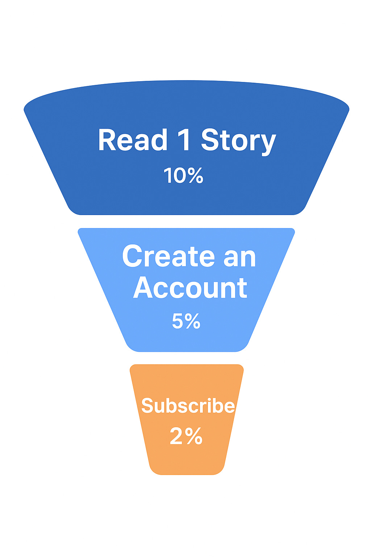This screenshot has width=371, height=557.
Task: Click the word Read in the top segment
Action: coord(133,140)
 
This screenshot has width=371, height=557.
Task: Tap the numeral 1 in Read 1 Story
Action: coord(185,140)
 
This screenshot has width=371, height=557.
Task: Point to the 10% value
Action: coord(183,176)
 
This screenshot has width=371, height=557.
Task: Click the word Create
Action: coord(168,256)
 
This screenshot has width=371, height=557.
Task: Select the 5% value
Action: coord(186,321)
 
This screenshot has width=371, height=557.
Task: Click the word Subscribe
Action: coord(188,405)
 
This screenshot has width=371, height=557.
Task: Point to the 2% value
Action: coord(186,436)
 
